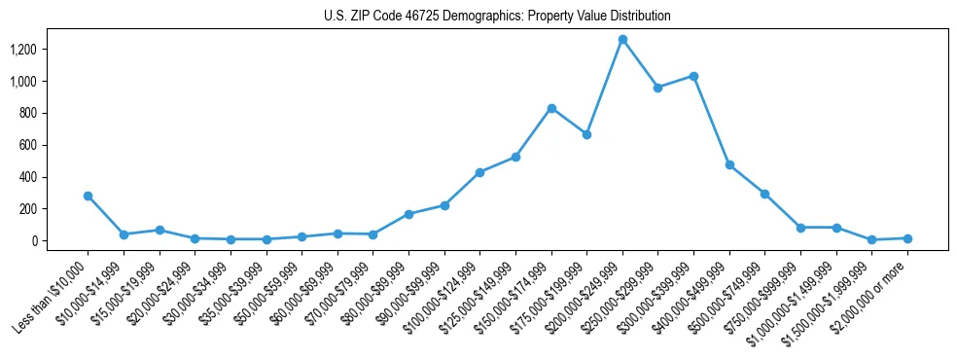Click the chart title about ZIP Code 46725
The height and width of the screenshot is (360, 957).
pyautogui.click(x=497, y=17)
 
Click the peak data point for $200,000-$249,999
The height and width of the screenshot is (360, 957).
pyautogui.click(x=622, y=40)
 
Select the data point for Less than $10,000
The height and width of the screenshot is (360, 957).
pyautogui.click(x=89, y=196)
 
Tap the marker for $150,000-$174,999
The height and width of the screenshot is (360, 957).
pyautogui.click(x=551, y=108)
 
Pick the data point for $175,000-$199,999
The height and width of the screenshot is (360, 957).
pyautogui.click(x=586, y=134)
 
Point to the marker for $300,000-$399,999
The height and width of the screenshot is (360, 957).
pyautogui.click(x=693, y=76)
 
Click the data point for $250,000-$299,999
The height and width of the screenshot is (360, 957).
pyautogui.click(x=658, y=88)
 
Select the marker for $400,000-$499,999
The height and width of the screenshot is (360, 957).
pyautogui.click(x=729, y=165)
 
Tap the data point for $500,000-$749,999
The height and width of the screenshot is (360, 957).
pyautogui.click(x=764, y=194)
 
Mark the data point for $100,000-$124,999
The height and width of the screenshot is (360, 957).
pyautogui.click(x=479, y=172)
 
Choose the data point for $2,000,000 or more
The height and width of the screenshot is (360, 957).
pyautogui.click(x=907, y=238)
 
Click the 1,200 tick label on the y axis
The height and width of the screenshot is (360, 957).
pyautogui.click(x=51, y=50)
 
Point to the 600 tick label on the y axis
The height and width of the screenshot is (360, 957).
pyautogui.click(x=56, y=145)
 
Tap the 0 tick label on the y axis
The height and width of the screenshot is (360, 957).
pyautogui.click(x=61, y=241)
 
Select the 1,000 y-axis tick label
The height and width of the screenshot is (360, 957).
pyautogui.click(x=51, y=82)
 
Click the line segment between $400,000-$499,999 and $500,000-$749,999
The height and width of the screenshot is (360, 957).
pyautogui.click(x=747, y=180)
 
